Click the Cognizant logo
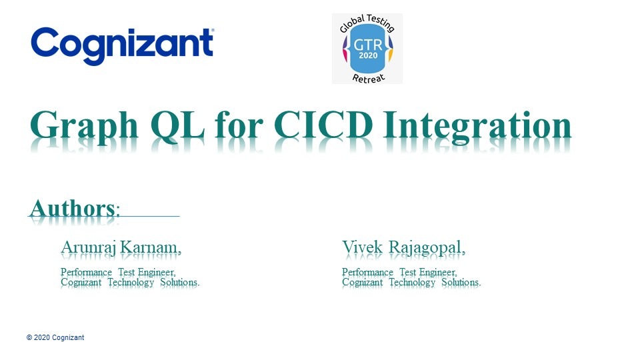pos(122,46)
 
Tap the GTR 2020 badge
pos(367,49)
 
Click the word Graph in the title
pos(84,127)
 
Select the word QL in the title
pos(177,125)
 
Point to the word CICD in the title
pos(323,125)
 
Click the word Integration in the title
pos(477,127)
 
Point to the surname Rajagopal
pos(427,248)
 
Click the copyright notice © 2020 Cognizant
pos(55,337)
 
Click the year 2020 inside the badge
pos(368,55)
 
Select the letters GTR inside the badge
pos(368,45)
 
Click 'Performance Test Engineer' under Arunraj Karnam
pos(119,272)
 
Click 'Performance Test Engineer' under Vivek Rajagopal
pos(399,272)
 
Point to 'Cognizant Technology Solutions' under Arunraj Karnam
pos(130,283)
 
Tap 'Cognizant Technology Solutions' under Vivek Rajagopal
pos(411,283)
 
